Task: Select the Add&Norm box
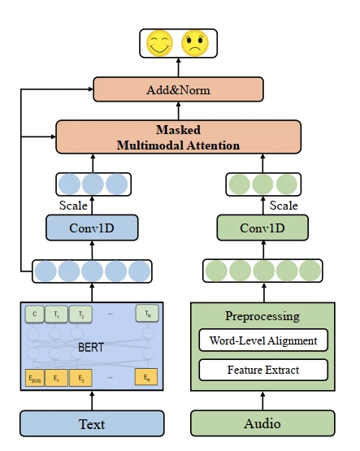178,89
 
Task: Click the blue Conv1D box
92,228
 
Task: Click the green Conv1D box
263,228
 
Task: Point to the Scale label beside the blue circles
73,206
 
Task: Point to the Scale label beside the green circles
284,206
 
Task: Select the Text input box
92,423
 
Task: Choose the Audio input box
262,423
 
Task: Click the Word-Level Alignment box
262,340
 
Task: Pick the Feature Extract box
262,371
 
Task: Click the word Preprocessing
262,316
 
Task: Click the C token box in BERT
35,314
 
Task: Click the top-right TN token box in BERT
147,314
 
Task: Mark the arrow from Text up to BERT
92,401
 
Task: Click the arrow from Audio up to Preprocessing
262,401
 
